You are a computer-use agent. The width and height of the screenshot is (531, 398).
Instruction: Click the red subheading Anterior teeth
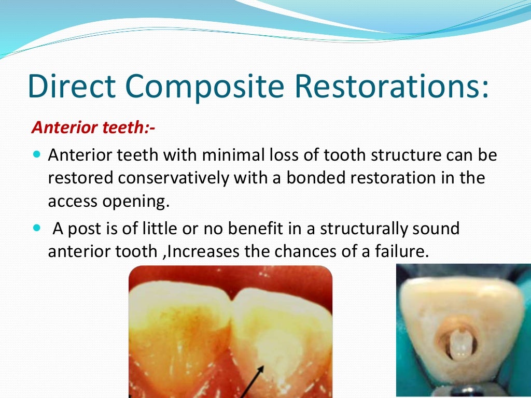94,127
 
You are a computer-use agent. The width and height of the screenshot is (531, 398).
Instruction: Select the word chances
303,251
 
